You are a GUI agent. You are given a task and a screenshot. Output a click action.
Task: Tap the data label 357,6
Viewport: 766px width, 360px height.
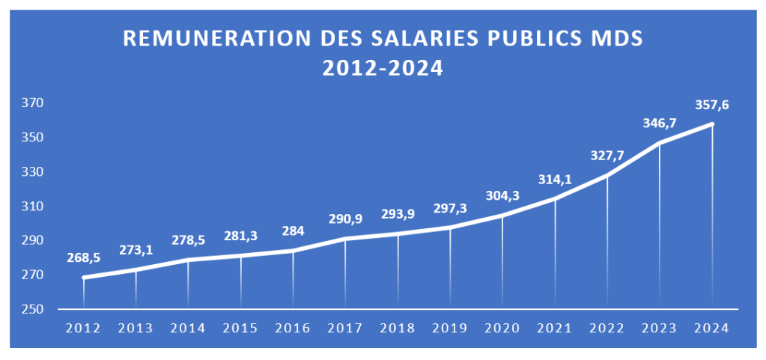[x=712, y=106]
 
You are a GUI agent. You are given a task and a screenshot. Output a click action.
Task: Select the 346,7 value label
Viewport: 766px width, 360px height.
[x=660, y=123]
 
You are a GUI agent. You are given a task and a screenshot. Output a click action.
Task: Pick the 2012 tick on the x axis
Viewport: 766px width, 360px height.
[x=83, y=328]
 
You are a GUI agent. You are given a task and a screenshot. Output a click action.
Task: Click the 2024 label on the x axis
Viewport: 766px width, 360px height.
[x=712, y=328]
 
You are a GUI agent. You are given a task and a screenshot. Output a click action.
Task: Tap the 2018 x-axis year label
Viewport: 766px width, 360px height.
[x=398, y=328]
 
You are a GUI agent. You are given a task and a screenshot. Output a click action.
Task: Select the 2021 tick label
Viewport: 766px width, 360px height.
[x=555, y=328]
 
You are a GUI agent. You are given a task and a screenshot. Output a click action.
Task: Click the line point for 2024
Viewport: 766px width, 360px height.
[x=712, y=123]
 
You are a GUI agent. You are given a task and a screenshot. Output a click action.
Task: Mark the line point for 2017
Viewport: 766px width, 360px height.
[x=345, y=239]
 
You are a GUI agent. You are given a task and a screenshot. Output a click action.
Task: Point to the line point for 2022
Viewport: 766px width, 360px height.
[x=607, y=175]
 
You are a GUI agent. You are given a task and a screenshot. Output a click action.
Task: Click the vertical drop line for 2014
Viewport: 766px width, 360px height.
[x=188, y=284]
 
